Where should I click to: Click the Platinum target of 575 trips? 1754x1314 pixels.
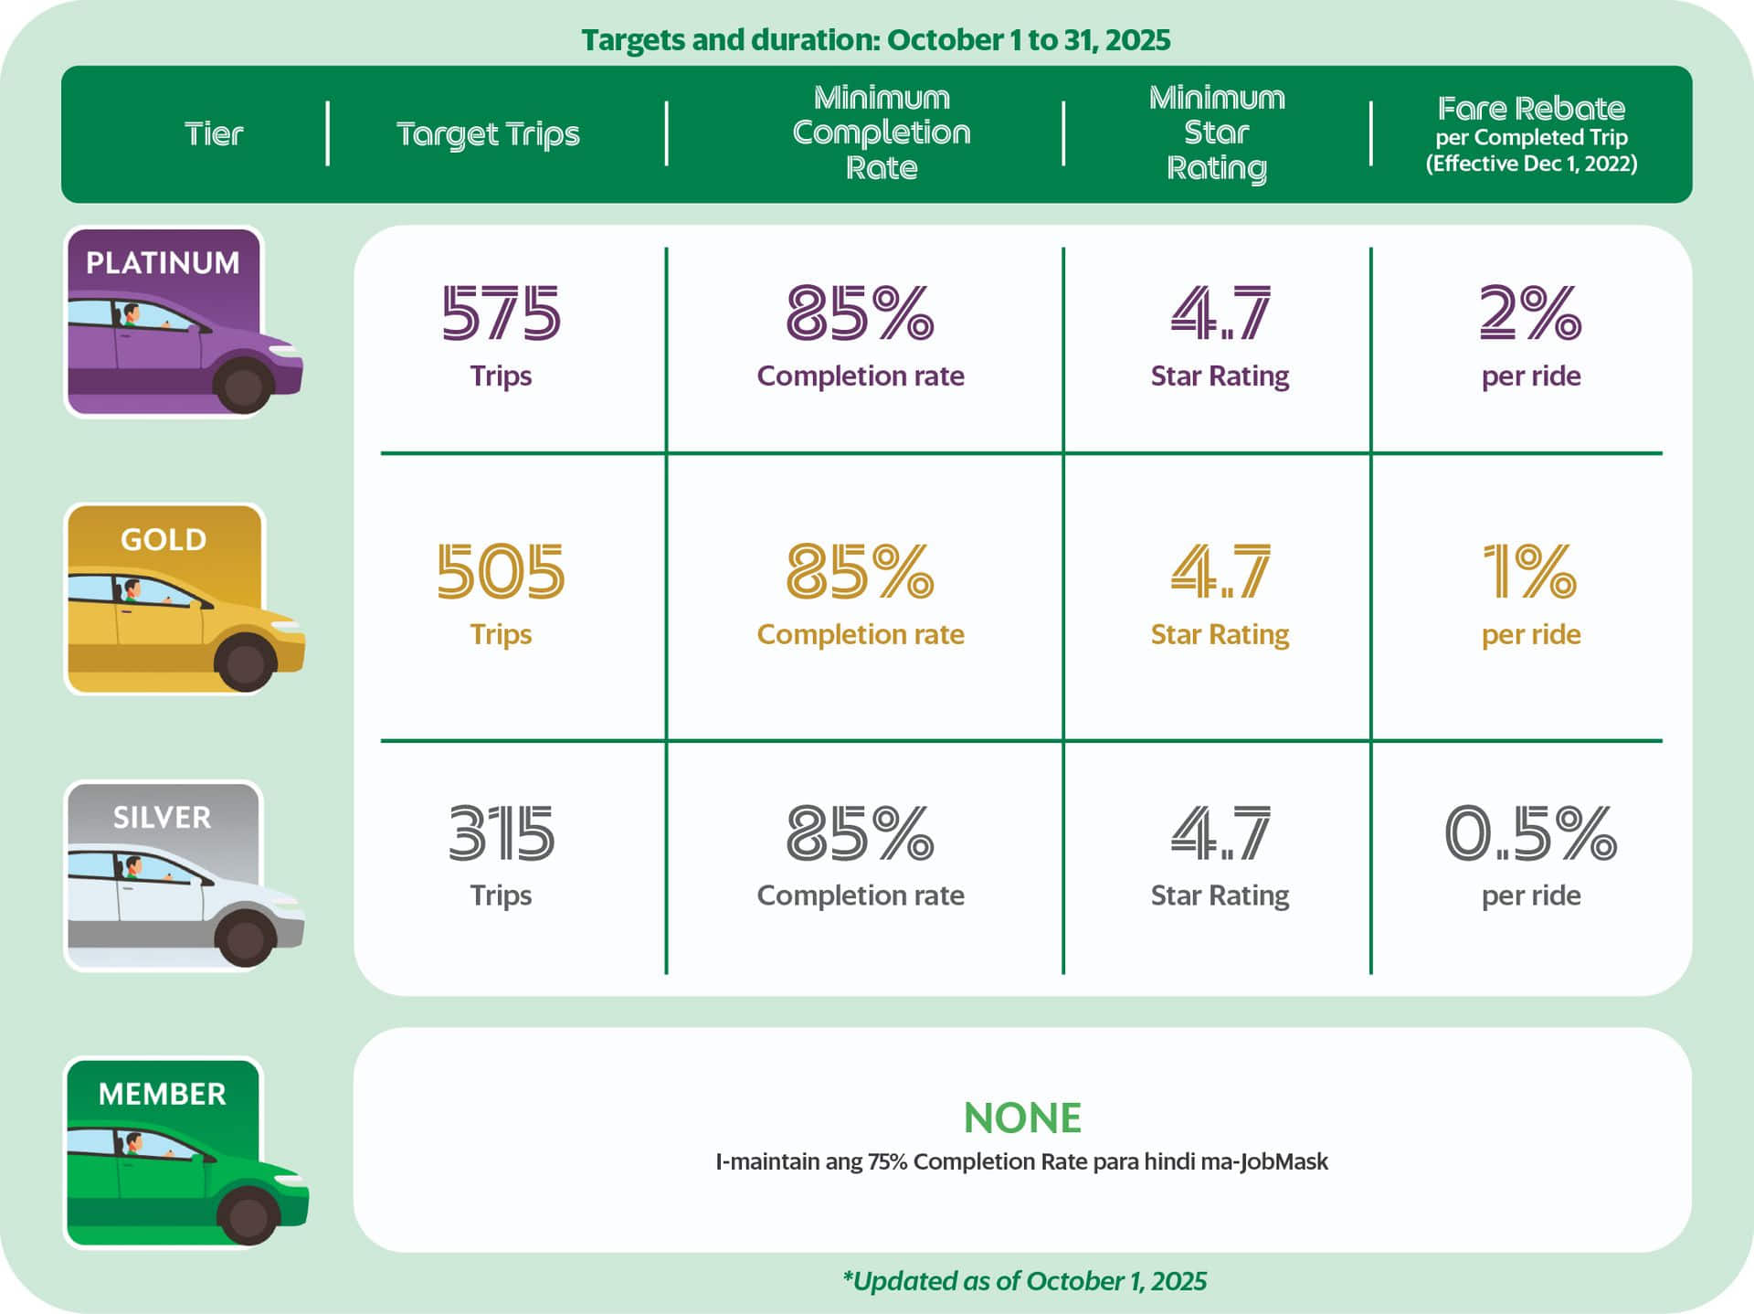[501, 313]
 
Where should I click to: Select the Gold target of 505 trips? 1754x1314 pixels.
[501, 572]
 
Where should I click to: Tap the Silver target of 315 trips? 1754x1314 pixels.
[501, 833]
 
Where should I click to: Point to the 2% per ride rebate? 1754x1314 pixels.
[1530, 313]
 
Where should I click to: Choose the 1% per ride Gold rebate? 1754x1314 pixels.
[1530, 572]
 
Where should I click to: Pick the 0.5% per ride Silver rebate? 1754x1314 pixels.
[1530, 833]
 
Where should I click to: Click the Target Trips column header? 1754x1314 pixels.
[488, 134]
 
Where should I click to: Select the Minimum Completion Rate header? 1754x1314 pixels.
[881, 133]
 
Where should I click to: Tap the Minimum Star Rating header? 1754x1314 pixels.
[1217, 133]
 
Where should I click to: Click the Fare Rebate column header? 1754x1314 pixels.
[1531, 109]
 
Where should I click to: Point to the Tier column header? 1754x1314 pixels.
[214, 134]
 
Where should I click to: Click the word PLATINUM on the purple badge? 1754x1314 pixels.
[163, 263]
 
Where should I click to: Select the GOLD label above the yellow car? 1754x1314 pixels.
[164, 540]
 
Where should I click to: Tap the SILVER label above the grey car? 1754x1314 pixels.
[162, 817]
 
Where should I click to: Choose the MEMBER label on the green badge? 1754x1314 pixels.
[162, 1094]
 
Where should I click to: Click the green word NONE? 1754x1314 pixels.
[1022, 1118]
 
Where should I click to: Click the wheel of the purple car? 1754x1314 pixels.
[243, 386]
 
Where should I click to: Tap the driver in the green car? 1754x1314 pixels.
[134, 1144]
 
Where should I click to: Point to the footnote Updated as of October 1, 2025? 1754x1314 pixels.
[1024, 1281]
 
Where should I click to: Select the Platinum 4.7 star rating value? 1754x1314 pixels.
[1220, 313]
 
